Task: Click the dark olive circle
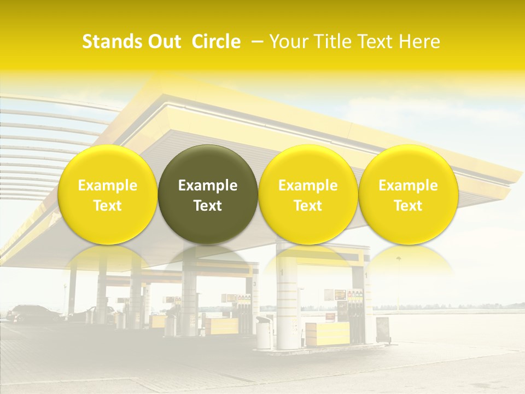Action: coord(208,194)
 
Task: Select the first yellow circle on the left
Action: coord(107,194)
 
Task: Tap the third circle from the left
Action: coord(308,194)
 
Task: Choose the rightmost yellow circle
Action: coord(408,194)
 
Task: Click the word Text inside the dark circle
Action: coord(208,206)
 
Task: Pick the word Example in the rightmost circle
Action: coord(408,186)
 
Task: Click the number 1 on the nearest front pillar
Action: coord(282,272)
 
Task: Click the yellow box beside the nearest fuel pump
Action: coord(327,333)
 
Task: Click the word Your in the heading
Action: coord(288,42)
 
